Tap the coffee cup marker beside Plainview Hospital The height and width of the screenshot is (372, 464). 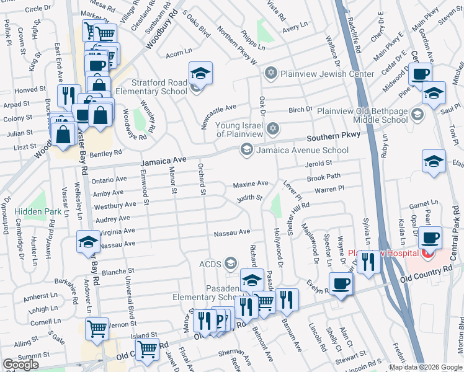[430, 238]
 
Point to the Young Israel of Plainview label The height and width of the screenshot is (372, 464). [239, 130]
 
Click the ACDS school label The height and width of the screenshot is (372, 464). [210, 264]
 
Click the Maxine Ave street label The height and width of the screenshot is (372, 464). [251, 184]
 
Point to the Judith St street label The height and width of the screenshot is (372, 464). [249, 198]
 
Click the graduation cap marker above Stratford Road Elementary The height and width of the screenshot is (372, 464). [201, 73]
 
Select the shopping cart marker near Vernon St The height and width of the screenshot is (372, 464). [97, 329]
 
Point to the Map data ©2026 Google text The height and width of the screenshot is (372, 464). [425, 367]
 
